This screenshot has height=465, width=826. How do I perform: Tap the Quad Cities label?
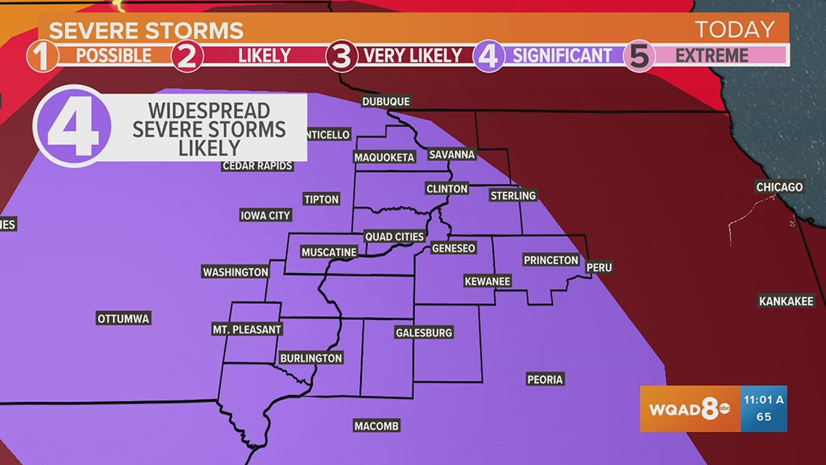point(394,237)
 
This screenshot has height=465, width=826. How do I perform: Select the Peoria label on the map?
point(545,379)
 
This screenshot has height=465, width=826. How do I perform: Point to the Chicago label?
point(780,187)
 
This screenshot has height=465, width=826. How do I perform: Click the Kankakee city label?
point(786,301)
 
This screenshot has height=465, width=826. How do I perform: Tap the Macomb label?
point(377,426)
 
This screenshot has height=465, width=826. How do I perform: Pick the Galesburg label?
point(424,333)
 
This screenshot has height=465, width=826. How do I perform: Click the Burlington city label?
point(311,358)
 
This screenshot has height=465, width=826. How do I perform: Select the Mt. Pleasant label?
point(246,329)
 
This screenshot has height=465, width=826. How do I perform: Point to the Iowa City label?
point(266,215)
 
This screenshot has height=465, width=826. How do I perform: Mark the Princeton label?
point(551,260)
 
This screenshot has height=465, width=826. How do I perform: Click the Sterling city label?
point(513,196)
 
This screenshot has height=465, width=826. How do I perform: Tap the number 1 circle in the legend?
point(43,56)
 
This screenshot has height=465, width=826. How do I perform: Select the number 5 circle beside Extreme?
point(640,56)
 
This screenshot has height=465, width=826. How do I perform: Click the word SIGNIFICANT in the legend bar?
point(562,55)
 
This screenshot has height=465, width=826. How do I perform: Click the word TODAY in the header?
point(734,30)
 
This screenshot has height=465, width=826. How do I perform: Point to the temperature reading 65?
point(764,417)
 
